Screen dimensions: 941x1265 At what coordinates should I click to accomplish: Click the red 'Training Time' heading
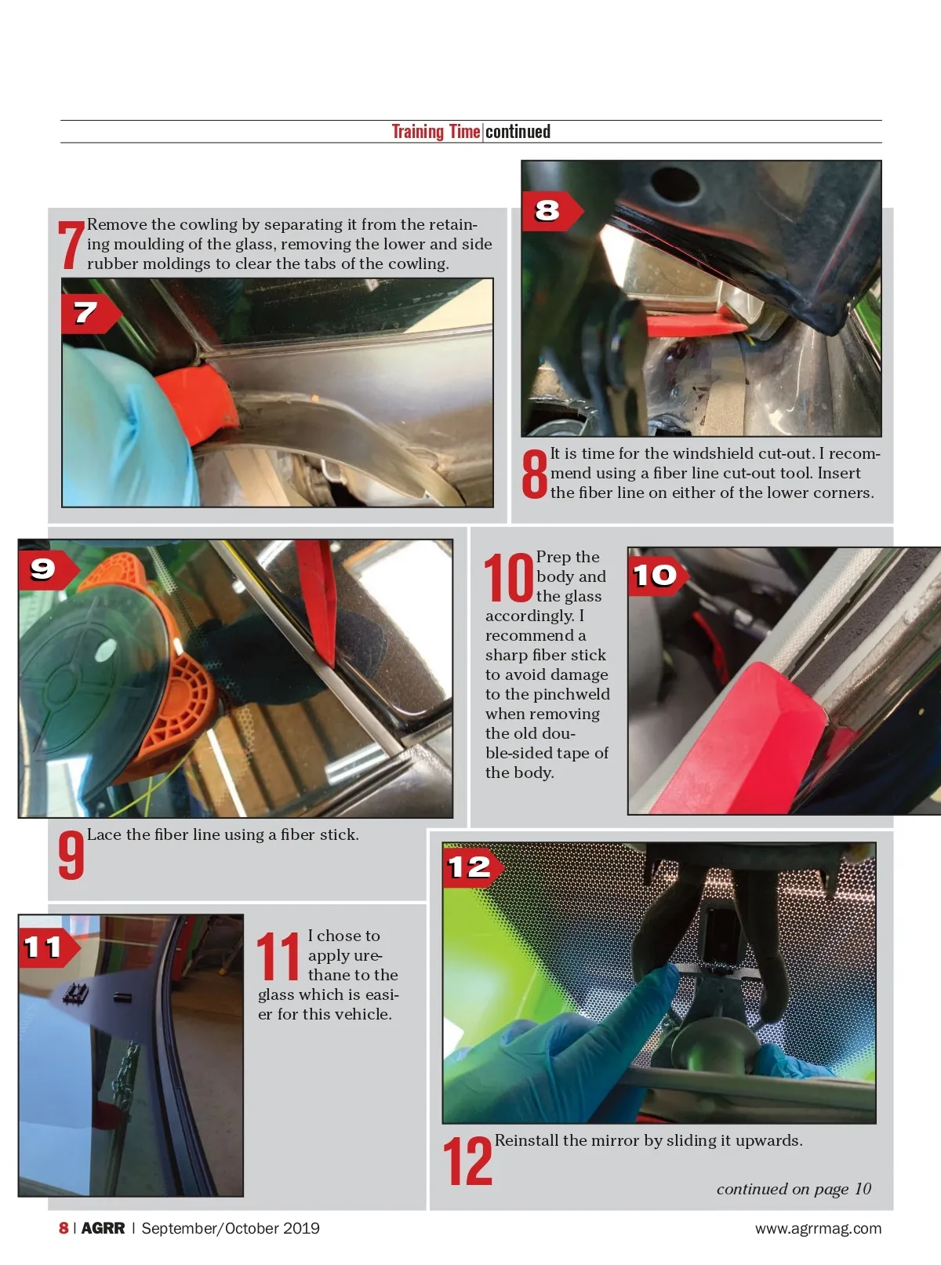pyautogui.click(x=436, y=132)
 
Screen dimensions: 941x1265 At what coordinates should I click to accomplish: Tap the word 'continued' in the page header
pyautogui.click(x=518, y=132)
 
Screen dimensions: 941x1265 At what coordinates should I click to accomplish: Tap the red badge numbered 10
pyautogui.click(x=658, y=576)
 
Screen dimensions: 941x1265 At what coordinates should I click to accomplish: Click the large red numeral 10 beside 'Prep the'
pyautogui.click(x=509, y=578)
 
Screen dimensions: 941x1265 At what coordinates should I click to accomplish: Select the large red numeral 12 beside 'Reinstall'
pyautogui.click(x=467, y=1161)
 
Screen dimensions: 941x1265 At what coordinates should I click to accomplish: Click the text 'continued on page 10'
pyautogui.click(x=794, y=1189)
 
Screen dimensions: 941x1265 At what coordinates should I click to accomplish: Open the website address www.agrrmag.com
pyautogui.click(x=819, y=1228)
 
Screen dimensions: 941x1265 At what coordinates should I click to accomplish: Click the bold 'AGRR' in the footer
pyautogui.click(x=104, y=1228)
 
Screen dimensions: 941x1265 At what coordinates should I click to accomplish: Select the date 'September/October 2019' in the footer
pyautogui.click(x=231, y=1228)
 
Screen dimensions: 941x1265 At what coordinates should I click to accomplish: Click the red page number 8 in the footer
pyautogui.click(x=64, y=1228)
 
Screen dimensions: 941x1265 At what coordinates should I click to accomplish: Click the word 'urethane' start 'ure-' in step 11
pyautogui.click(x=345, y=955)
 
